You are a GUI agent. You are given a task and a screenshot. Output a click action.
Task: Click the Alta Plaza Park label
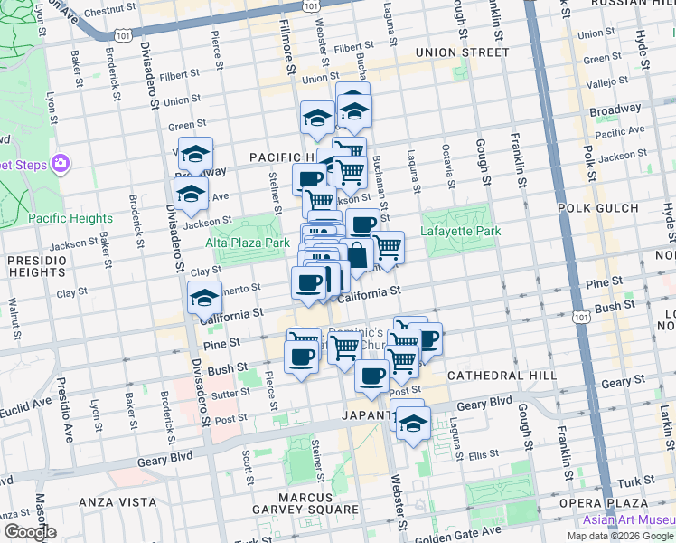click(248, 243)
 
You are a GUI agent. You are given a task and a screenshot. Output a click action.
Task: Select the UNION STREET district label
click(462, 52)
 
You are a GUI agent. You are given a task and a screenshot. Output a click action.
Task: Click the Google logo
click(29, 532)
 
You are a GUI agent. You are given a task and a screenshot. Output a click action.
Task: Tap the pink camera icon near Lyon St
click(61, 164)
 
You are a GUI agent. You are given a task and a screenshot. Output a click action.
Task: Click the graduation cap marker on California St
click(204, 297)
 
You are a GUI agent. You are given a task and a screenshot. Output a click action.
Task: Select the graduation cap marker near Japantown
click(412, 423)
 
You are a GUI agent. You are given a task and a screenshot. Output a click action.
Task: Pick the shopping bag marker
click(357, 255)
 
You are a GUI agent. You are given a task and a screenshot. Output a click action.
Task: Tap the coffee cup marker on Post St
click(371, 376)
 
